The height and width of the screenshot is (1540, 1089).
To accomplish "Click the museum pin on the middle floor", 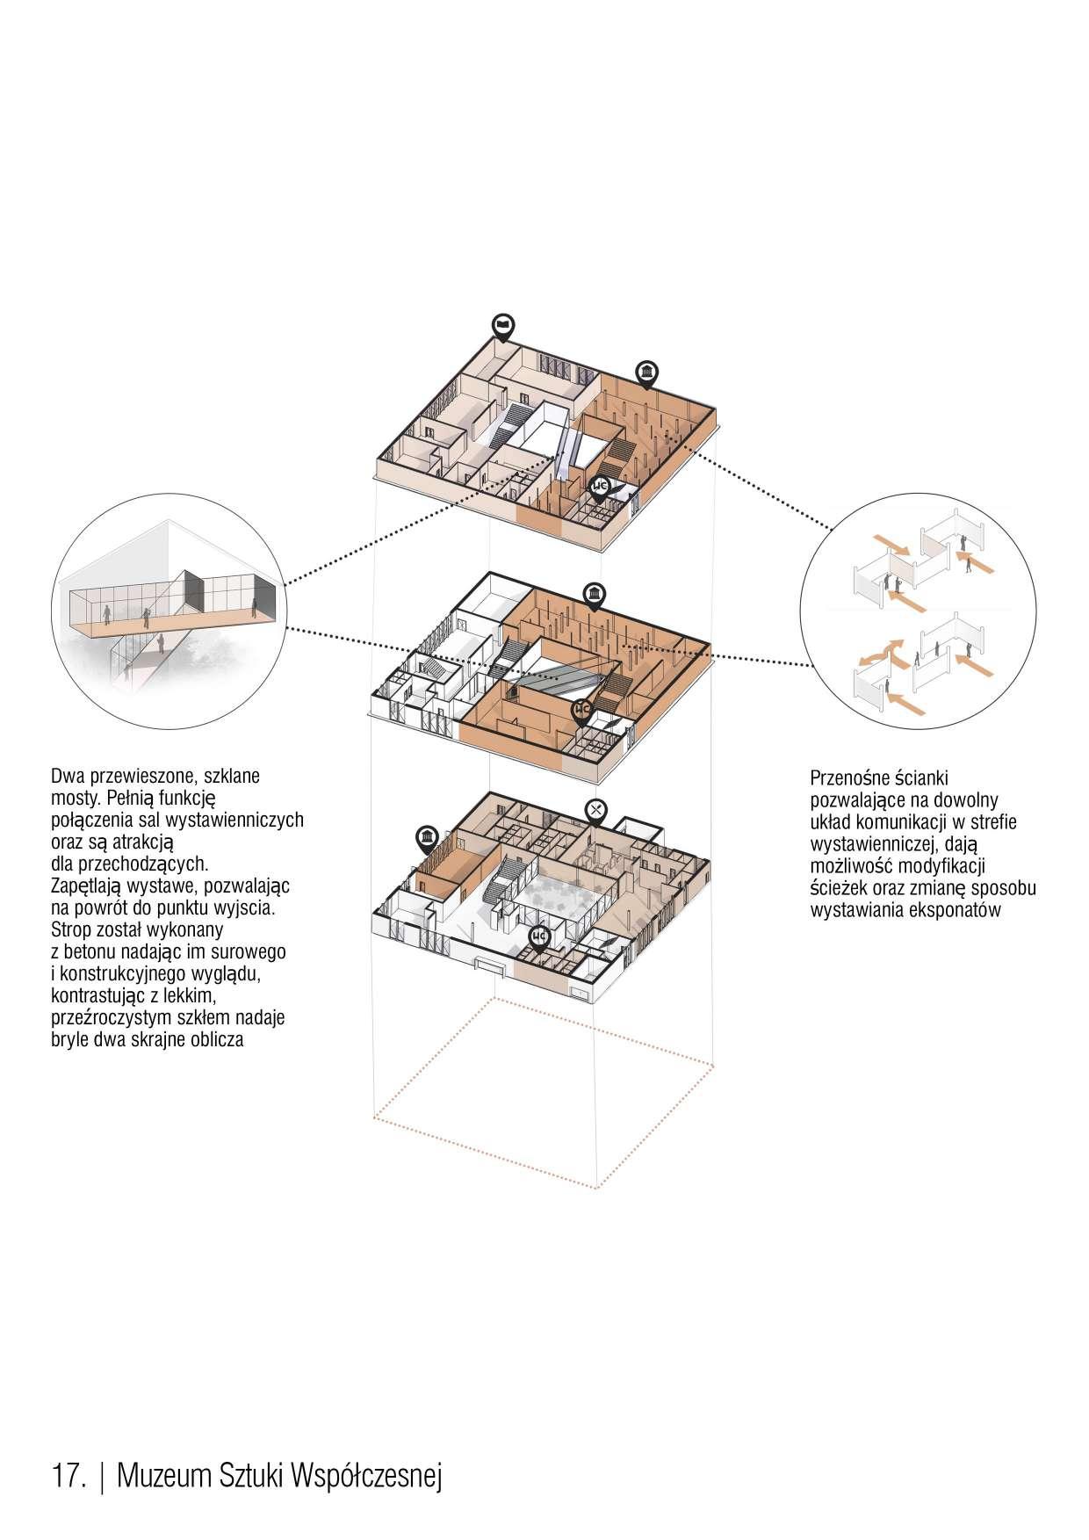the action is click(x=593, y=594).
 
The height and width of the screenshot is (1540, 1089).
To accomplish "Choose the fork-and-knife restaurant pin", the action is click(x=596, y=812).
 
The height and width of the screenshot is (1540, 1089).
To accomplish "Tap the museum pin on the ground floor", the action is click(x=427, y=838).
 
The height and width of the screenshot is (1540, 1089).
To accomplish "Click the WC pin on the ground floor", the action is click(x=539, y=938).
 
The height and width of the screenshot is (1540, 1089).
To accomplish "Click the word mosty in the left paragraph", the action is click(x=74, y=799).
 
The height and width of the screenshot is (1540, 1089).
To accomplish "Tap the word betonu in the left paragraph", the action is click(x=91, y=952).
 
